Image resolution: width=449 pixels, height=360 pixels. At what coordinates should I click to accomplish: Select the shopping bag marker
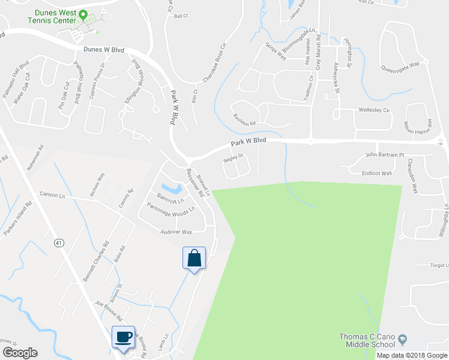pos(194,259)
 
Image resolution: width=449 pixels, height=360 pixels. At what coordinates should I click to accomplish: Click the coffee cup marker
pos(124,337)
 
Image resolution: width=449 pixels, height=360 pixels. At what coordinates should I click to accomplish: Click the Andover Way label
pos(176,232)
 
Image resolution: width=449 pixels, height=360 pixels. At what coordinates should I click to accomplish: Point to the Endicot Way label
pos(376,173)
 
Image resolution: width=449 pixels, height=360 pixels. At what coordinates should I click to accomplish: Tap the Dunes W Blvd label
pos(104,50)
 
